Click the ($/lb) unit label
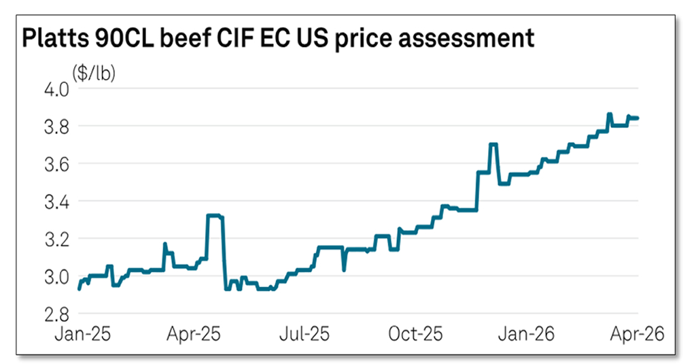tap(94, 73)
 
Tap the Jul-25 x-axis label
tap(306, 334)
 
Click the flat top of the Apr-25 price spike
tap(215, 216)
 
